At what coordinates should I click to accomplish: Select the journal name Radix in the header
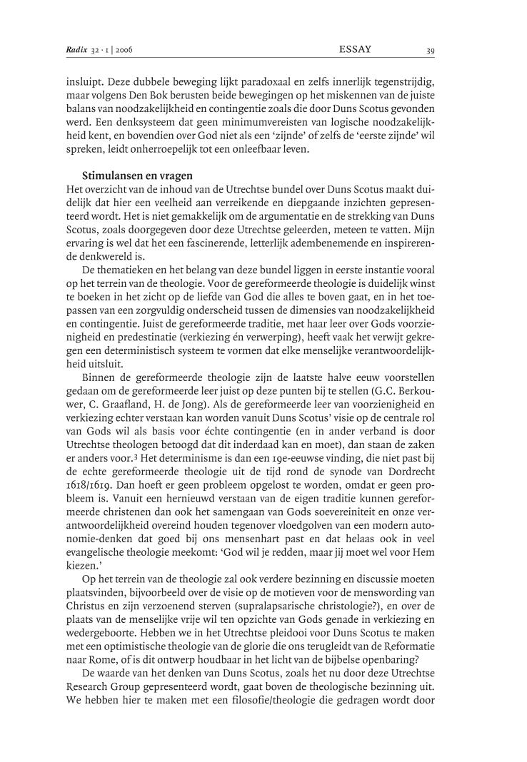77,51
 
